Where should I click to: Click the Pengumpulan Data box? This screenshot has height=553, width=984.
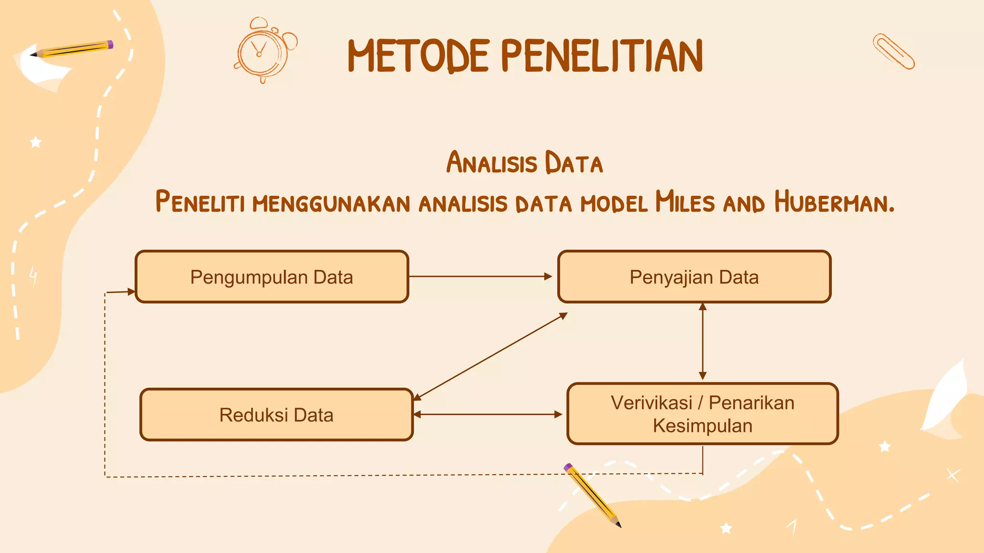(272, 277)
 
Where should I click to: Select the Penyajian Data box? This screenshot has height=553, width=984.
(694, 277)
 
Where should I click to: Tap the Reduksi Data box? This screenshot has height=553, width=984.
(276, 415)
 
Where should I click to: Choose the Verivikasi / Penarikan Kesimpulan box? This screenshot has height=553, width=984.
(702, 414)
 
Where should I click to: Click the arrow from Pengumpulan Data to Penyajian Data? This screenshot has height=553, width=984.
(480, 276)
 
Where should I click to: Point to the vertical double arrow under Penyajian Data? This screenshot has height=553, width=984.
(702, 341)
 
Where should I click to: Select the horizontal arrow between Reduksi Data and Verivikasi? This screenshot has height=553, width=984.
(488, 414)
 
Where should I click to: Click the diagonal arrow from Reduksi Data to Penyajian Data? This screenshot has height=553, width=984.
(490, 357)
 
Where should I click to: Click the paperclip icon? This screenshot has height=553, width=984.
(894, 51)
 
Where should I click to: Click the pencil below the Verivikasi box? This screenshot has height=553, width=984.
(593, 495)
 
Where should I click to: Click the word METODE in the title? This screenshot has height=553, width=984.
(418, 56)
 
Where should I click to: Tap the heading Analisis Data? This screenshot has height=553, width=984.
(524, 162)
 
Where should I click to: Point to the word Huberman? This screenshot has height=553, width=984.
(834, 202)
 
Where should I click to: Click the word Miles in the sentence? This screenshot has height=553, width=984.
(685, 202)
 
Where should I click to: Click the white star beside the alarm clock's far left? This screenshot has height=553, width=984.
(36, 142)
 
